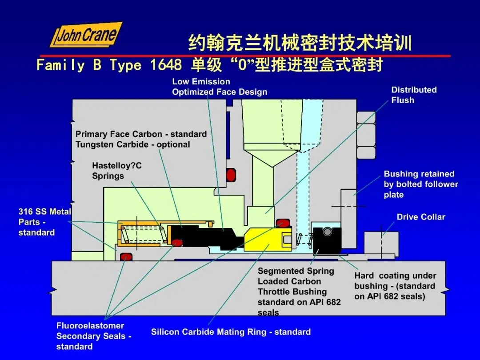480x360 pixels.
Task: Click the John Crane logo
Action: click(x=86, y=35)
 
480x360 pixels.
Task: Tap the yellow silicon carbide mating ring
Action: click(x=268, y=239)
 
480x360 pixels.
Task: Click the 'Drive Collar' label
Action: click(x=421, y=217)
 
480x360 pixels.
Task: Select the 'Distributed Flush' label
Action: click(x=414, y=95)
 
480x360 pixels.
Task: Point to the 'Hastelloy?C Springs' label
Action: click(x=117, y=171)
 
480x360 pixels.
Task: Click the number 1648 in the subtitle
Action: click(x=166, y=65)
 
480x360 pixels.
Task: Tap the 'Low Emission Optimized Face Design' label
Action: click(x=220, y=87)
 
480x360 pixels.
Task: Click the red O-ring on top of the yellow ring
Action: click(x=283, y=223)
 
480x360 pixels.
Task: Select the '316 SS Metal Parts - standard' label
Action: click(x=45, y=222)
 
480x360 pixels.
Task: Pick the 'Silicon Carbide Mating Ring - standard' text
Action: click(x=231, y=332)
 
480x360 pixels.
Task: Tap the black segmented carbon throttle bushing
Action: click(x=327, y=240)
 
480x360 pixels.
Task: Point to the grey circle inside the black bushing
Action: click(x=327, y=232)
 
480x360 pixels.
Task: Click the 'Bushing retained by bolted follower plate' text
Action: click(x=421, y=184)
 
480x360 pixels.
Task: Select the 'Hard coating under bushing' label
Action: click(x=395, y=286)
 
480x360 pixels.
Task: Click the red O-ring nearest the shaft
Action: click(x=126, y=256)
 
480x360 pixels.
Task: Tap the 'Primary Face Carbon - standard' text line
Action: click(x=141, y=134)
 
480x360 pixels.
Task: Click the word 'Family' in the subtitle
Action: click(x=60, y=65)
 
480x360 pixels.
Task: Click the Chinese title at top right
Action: click(x=300, y=43)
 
